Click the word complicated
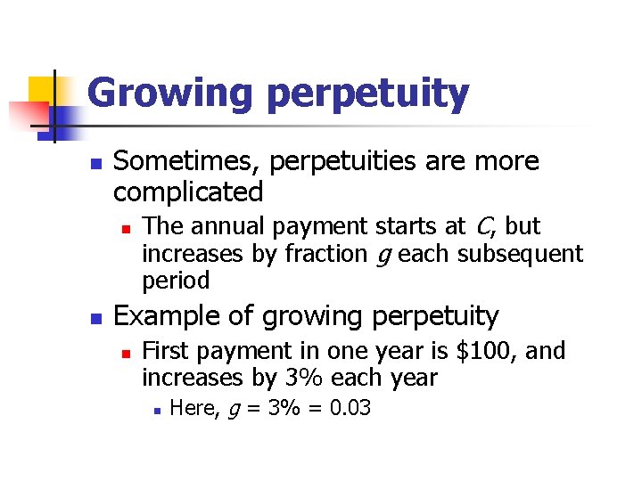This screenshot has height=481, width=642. coord(188,192)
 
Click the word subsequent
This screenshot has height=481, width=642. coord(520,255)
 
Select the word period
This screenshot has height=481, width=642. coord(176,281)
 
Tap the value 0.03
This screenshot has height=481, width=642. coord(348,408)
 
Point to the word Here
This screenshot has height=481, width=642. coord(190,408)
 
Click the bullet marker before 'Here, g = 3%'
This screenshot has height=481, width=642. coord(155,410)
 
